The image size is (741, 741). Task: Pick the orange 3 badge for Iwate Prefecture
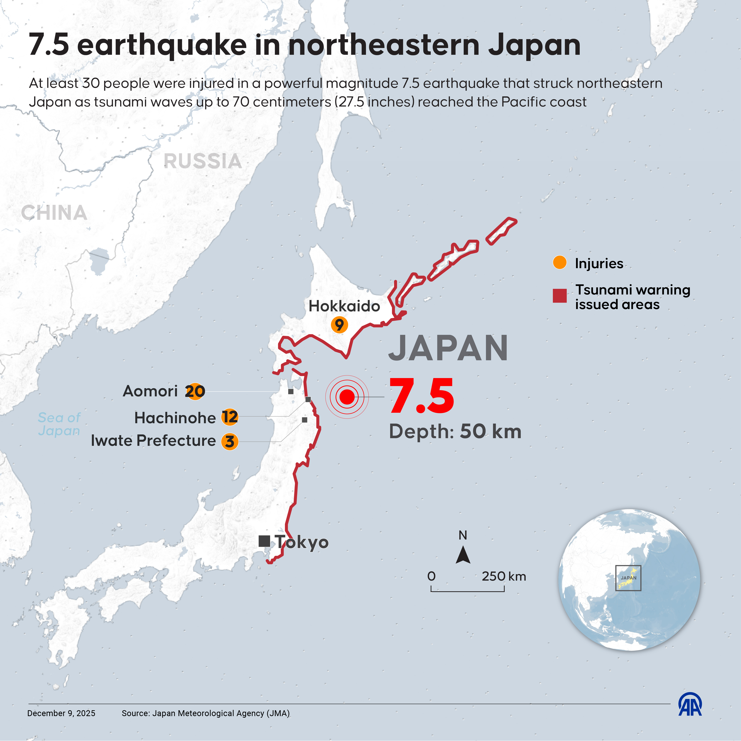click(230, 442)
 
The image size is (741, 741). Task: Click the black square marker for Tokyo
click(264, 541)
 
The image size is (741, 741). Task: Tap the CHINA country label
click(54, 213)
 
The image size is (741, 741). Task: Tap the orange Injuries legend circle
click(560, 263)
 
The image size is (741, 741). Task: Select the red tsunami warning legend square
click(560, 296)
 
